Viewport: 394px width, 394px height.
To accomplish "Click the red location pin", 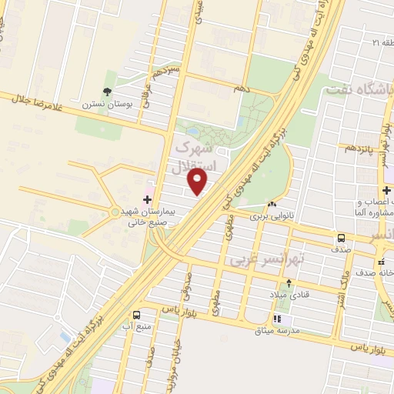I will [x=199, y=182].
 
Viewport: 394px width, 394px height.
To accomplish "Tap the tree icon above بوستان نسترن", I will [x=106, y=89].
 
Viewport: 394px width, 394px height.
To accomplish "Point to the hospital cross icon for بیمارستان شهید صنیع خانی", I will [x=148, y=199].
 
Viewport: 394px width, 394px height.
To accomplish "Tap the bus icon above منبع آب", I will [x=136, y=315].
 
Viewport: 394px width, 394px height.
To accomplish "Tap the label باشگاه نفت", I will [x=359, y=88].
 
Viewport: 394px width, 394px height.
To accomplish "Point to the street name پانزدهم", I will [x=362, y=146].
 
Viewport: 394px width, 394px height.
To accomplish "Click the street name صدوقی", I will [x=185, y=292].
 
